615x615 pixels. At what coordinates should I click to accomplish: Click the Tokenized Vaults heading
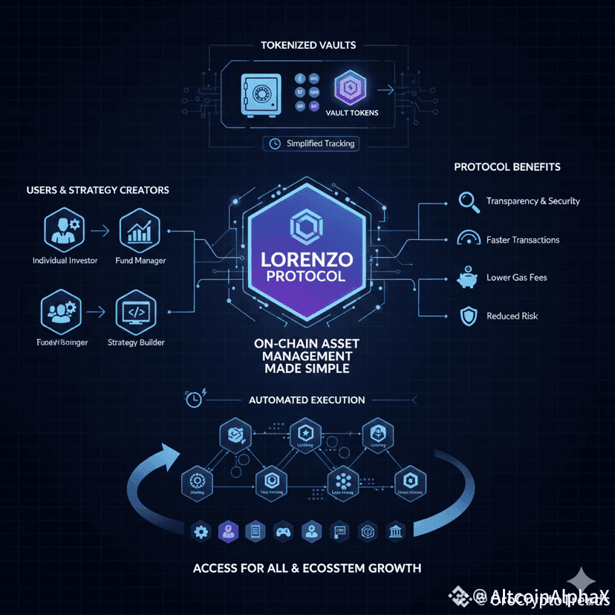click(308, 45)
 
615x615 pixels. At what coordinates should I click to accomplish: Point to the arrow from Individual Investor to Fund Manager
click(102, 231)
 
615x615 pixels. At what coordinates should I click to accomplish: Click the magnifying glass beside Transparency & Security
click(467, 201)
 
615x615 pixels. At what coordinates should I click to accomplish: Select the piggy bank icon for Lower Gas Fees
click(466, 278)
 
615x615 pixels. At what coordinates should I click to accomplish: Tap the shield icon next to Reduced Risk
click(466, 316)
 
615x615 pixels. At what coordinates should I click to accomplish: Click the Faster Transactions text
click(523, 240)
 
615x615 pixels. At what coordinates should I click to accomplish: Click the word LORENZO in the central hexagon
click(307, 261)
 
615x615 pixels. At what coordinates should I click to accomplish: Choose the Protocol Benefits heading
click(507, 167)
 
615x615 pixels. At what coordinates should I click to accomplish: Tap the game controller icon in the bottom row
click(284, 531)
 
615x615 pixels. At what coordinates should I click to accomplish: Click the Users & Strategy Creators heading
click(98, 190)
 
